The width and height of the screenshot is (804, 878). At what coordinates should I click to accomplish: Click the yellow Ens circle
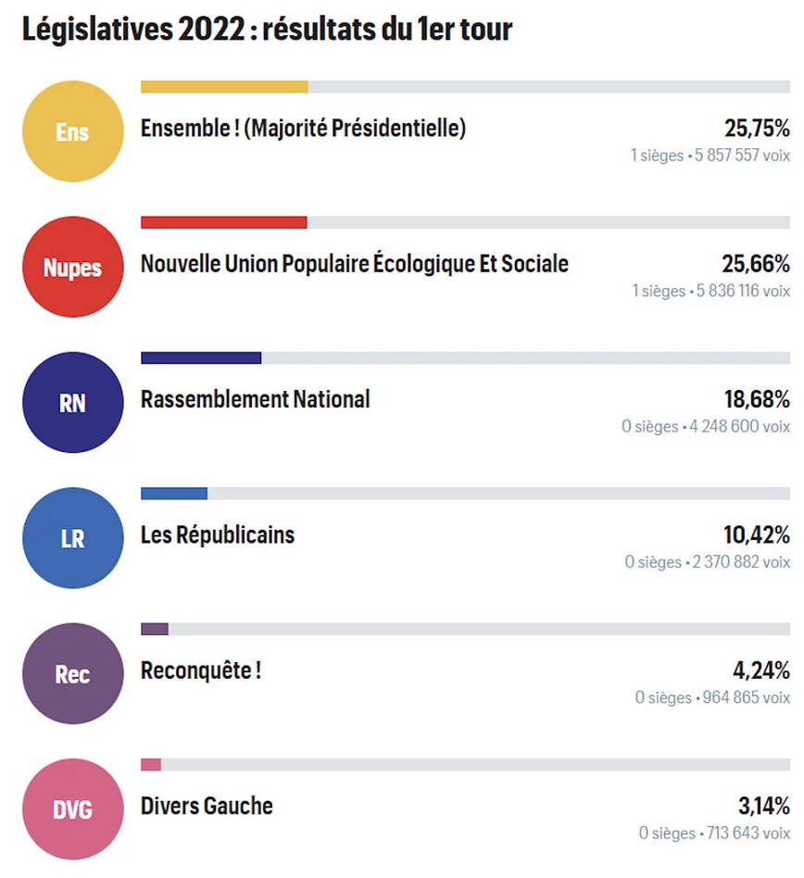tap(72, 132)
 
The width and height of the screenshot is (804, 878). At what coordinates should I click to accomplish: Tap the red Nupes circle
tap(72, 267)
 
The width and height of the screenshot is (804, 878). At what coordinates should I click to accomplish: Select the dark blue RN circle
tap(72, 403)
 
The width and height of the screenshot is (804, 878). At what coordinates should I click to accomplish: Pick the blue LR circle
tap(72, 538)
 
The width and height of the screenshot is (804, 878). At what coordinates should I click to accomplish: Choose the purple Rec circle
tap(72, 673)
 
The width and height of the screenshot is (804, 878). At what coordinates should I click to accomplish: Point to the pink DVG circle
tap(72, 809)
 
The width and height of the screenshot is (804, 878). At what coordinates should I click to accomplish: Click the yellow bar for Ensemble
tap(224, 87)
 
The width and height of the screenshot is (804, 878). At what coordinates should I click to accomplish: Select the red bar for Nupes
tap(223, 222)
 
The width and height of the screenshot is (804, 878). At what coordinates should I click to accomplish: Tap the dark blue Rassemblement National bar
tap(201, 357)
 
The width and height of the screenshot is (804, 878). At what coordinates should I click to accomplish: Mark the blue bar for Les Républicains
tap(174, 494)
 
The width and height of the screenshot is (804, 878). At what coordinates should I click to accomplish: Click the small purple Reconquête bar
tap(155, 629)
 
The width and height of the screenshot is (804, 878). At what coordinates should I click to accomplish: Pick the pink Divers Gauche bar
tap(151, 764)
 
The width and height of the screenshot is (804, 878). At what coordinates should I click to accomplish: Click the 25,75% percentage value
tap(756, 129)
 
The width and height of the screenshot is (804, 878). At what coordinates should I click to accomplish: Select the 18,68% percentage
tap(756, 400)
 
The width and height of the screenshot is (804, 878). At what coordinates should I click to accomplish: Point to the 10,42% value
tap(756, 535)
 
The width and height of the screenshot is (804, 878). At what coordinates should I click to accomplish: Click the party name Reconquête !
tap(201, 671)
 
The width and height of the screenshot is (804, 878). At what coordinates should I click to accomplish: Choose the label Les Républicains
tap(218, 535)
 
